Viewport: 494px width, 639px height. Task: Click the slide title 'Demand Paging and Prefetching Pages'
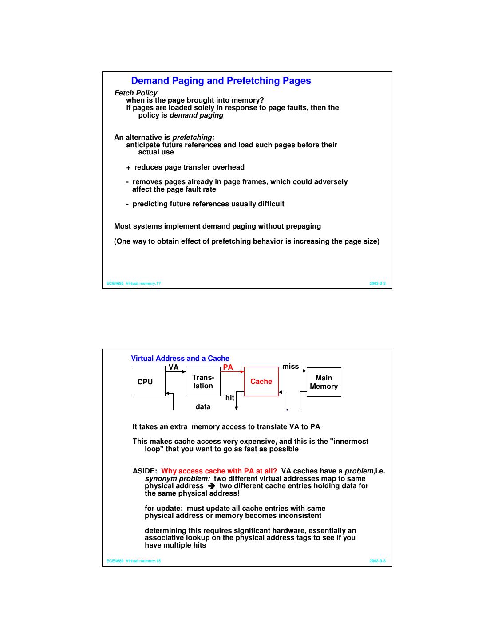pos(221,81)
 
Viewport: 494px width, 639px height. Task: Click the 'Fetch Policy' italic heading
pos(136,93)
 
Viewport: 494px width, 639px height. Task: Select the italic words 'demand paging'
pos(196,115)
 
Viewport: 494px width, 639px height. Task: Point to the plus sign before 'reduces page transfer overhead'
pos(128,168)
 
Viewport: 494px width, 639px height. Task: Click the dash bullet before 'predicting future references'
pos(127,204)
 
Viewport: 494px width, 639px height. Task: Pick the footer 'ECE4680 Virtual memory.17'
pos(134,284)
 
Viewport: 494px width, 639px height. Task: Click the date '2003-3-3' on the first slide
pos(377,284)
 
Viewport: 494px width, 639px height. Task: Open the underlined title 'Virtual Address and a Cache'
pos(180,359)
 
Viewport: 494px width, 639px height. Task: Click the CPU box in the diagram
pos(145,382)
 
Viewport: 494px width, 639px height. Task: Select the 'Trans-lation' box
pos(203,382)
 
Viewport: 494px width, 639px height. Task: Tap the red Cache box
pos(261,382)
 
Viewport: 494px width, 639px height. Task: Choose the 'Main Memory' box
pos(324,382)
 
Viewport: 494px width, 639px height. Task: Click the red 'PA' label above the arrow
pos(228,367)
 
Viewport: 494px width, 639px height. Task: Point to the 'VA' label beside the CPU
pos(174,367)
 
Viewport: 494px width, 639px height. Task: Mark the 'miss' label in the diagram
pos(291,367)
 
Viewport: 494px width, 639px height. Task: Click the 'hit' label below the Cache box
pos(229,398)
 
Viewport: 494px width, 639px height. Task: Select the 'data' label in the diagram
pos(203,407)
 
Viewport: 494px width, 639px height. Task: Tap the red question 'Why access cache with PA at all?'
pos(219,471)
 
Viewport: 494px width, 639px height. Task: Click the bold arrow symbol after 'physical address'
pos(211,486)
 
